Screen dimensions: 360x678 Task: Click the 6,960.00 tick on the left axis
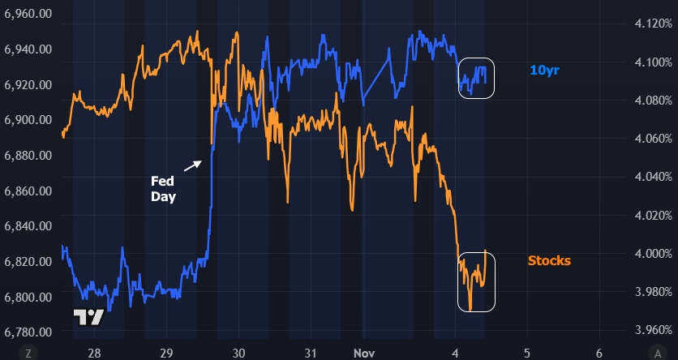(x=28, y=14)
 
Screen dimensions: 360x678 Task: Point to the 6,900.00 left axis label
(x=28, y=120)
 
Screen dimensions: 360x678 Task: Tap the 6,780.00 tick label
(x=28, y=332)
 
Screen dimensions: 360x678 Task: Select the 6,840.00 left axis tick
(x=28, y=226)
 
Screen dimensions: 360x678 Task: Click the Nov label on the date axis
(x=364, y=354)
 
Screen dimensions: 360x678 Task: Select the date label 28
(x=94, y=354)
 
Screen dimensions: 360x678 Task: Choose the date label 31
(x=310, y=354)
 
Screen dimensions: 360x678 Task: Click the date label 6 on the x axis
(x=599, y=354)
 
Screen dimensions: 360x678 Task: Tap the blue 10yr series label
(x=544, y=71)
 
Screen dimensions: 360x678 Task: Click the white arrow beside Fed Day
(x=193, y=165)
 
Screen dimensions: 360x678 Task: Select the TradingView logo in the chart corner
(x=88, y=317)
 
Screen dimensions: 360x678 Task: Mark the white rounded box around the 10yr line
(x=476, y=79)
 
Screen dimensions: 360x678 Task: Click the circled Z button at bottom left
(x=28, y=353)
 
